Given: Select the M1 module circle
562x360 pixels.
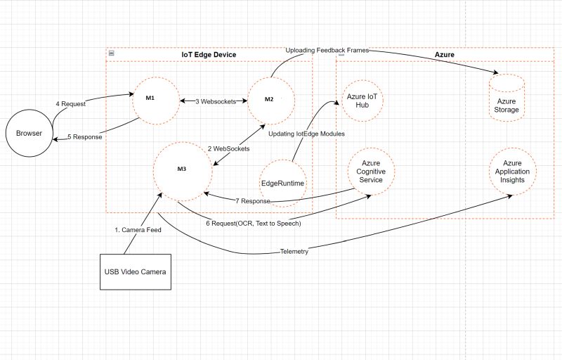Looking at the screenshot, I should point(157,100).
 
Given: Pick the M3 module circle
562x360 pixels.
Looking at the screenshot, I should point(181,169).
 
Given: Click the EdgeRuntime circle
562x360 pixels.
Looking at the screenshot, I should point(283,183).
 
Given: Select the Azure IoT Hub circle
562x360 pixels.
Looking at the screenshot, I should point(363,100).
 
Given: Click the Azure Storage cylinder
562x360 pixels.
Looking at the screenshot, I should point(507,98).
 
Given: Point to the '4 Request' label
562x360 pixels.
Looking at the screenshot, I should point(70,104).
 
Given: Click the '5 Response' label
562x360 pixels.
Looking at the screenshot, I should point(85,137).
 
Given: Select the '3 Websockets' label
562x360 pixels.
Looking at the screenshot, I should point(216,101).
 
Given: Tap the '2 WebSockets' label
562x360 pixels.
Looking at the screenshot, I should point(228,149).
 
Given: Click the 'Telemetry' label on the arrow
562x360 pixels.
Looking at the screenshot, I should point(294,251).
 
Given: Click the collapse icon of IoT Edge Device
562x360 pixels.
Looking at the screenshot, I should point(112,54).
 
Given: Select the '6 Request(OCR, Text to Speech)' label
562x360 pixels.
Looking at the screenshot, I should point(253,223).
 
